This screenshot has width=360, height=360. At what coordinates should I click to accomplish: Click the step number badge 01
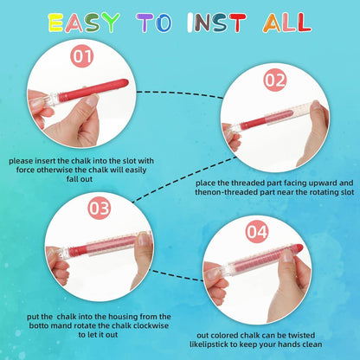pos(82,56)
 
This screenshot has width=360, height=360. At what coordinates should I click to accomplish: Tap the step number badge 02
pos(275,80)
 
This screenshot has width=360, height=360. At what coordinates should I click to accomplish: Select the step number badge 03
pos(100,208)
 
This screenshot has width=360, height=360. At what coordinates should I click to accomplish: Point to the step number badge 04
pos(257,231)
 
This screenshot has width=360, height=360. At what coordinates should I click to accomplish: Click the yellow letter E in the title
pos(56,22)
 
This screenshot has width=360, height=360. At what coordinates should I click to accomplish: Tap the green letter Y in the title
pos(110,22)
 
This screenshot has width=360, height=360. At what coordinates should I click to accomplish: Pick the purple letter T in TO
pos(145,22)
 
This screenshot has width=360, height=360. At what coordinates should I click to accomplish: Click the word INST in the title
pos(216,22)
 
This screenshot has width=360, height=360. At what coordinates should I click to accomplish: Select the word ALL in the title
pos(287,22)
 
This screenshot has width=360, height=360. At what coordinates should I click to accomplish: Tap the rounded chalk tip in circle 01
pos(124,83)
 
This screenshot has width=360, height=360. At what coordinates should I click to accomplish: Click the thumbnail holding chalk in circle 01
pos(93,100)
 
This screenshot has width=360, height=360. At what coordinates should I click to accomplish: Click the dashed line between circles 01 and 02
pos(180,93)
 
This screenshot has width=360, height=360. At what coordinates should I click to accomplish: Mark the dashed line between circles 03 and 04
pos(177,276)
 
